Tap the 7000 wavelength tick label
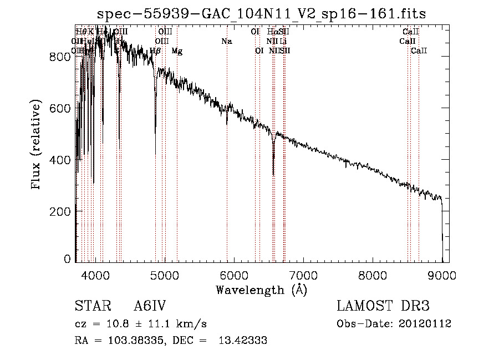pyautogui.click(x=303, y=276)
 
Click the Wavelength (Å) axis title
pyautogui.click(x=261, y=290)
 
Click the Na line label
pyautogui.click(x=226, y=42)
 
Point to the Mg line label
pyautogui.click(x=177, y=51)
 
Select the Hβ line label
pyautogui.click(x=155, y=51)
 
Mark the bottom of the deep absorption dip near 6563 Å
pyautogui.click(x=273, y=174)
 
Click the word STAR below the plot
pyautogui.click(x=89, y=306)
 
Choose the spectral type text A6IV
pyautogui.click(x=150, y=306)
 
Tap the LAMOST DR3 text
pyautogui.click(x=383, y=306)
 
